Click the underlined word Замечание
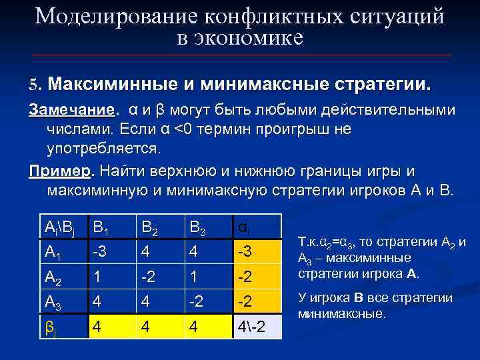[71, 109]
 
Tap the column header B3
[199, 228]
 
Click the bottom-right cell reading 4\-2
[254, 327]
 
